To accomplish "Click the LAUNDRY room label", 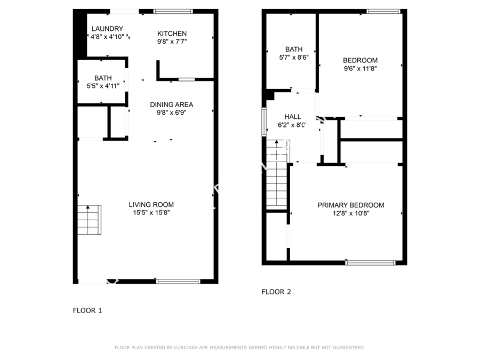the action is (x=107, y=29).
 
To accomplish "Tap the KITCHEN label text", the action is (x=172, y=34).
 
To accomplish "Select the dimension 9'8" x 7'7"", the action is (x=172, y=42).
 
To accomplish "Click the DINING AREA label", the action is (x=171, y=105).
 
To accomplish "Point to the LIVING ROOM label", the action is (x=151, y=205).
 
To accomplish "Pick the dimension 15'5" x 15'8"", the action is (x=151, y=213).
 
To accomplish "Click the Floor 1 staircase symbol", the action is (x=89, y=220).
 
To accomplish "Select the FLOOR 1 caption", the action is (x=87, y=310).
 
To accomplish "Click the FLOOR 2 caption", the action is (x=276, y=292).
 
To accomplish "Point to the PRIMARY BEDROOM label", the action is (x=351, y=205).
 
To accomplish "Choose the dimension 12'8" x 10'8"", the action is (x=351, y=213).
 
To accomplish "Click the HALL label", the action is (x=293, y=117).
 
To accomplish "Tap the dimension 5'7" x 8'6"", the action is (x=294, y=57).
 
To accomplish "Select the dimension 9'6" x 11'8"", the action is (x=361, y=69).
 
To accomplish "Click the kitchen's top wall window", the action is (x=173, y=11).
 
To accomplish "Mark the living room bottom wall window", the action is (x=178, y=281).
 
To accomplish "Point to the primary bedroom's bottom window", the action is (x=371, y=262).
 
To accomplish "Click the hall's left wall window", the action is (x=264, y=122).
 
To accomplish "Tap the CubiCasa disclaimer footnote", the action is (x=239, y=347).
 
